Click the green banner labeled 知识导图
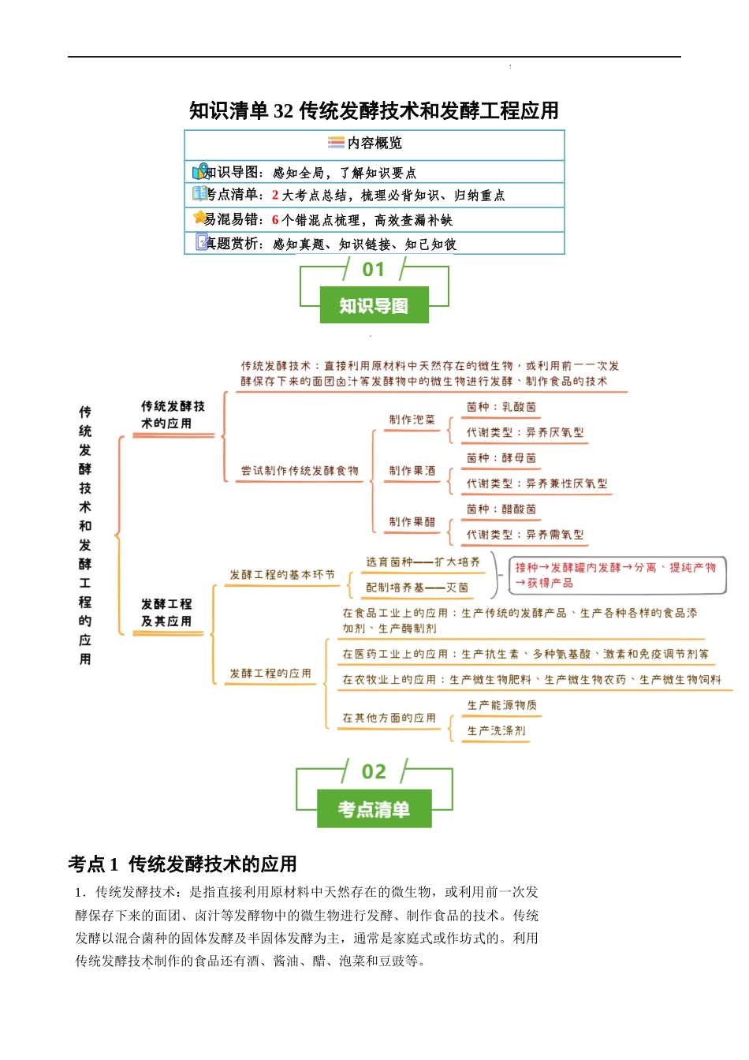[x=374, y=305]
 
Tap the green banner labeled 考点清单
[x=374, y=809]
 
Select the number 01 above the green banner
[x=374, y=270]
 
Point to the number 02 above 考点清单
[x=374, y=771]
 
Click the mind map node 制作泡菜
[x=412, y=420]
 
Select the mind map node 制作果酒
[x=412, y=471]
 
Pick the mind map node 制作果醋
[x=412, y=522]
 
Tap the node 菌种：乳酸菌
[x=501, y=408]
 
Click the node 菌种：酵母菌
[x=501, y=458]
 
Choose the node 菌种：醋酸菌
[x=501, y=509]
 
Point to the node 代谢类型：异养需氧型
[x=524, y=535]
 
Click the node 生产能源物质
[x=501, y=705]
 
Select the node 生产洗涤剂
[x=496, y=731]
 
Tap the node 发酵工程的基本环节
[x=281, y=575]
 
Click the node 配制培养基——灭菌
[x=416, y=588]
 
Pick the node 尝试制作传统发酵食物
[x=300, y=471]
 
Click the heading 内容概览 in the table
[x=374, y=143]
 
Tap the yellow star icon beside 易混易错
[x=200, y=217]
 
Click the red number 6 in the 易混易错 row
[x=275, y=220]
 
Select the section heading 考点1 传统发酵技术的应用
[x=182, y=864]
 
